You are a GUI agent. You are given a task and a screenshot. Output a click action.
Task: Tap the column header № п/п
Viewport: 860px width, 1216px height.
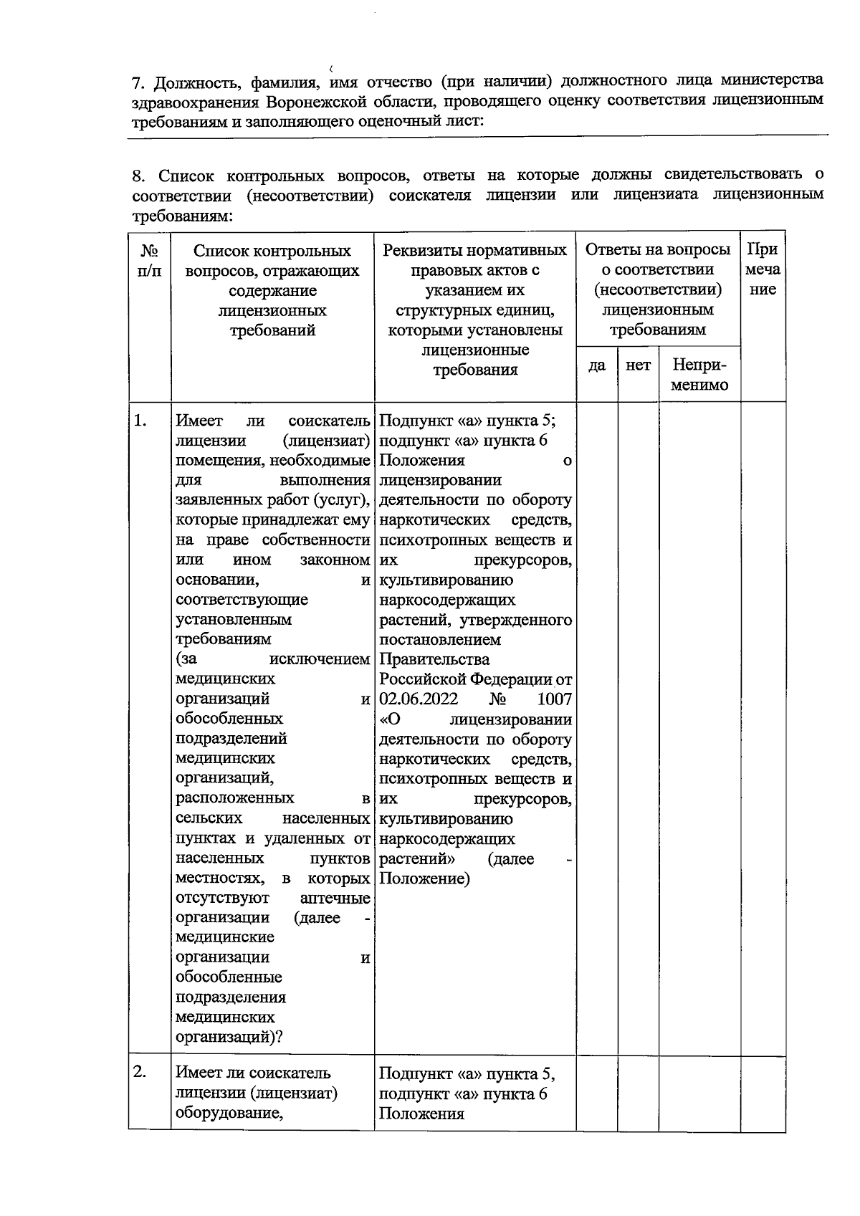150,261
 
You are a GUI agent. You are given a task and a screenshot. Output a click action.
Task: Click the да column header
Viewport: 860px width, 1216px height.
597,365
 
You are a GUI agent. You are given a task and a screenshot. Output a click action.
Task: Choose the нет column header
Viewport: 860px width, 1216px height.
638,365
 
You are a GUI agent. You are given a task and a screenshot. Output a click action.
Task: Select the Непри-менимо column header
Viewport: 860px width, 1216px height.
699,375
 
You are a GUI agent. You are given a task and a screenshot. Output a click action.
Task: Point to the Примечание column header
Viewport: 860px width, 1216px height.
763,269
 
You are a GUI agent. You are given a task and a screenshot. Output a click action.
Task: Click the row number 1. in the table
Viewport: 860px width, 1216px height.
140,421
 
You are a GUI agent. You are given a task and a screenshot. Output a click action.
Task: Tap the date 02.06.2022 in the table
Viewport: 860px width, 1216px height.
419,699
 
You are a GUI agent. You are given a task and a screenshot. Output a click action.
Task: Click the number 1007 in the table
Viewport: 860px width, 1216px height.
554,699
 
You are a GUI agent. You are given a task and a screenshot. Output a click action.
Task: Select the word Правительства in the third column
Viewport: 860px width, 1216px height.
434,659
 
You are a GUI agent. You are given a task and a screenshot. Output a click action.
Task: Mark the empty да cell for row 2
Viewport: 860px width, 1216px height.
597,1093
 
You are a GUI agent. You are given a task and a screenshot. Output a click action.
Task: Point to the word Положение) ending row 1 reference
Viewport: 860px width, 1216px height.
424,879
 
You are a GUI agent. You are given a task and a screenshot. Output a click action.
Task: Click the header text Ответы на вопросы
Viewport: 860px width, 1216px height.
658,250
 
